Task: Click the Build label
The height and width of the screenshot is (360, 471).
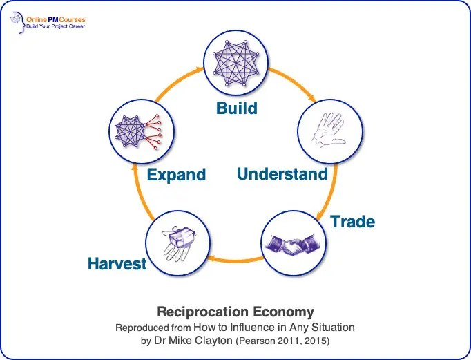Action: pyautogui.click(x=237, y=108)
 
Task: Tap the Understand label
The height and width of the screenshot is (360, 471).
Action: pyautogui.click(x=282, y=173)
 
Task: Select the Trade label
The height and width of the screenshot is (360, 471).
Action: pyautogui.click(x=352, y=222)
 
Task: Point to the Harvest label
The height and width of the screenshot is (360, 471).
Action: pyautogui.click(x=117, y=264)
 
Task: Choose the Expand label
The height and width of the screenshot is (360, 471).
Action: pyautogui.click(x=177, y=174)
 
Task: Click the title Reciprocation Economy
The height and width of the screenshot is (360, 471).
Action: pyautogui.click(x=235, y=312)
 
